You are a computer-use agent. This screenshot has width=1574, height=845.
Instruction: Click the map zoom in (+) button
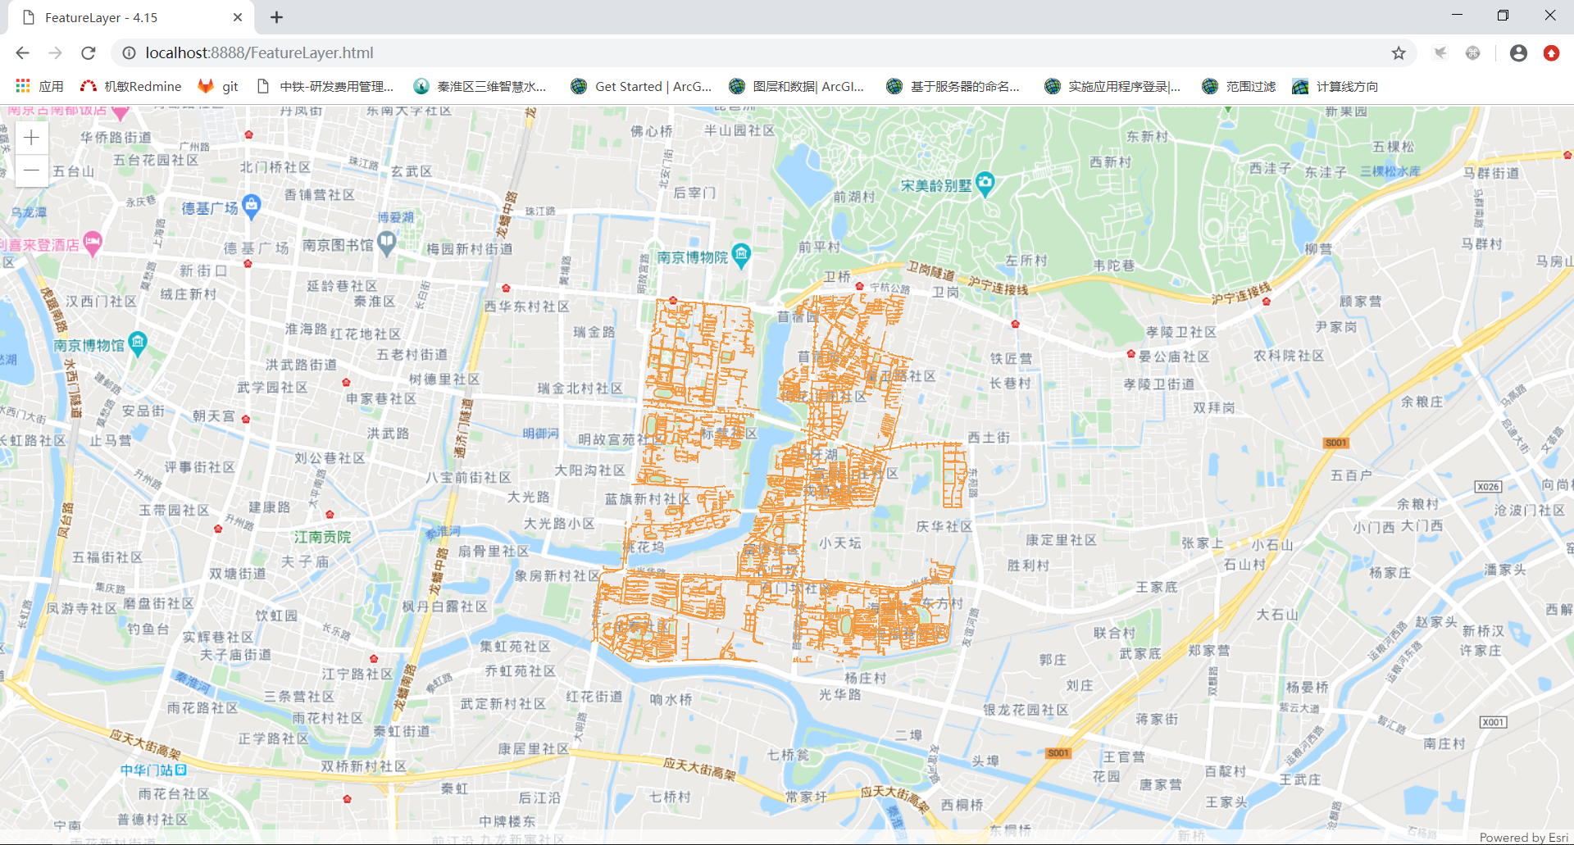[x=31, y=138]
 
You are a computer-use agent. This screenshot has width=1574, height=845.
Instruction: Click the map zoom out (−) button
[x=31, y=170]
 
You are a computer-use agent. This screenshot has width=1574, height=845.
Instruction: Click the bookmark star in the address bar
[x=1399, y=53]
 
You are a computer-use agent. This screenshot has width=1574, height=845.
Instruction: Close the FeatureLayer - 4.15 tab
[x=238, y=17]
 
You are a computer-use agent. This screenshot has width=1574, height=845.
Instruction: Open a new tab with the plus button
[x=277, y=17]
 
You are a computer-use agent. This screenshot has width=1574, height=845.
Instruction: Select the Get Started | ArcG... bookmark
[x=642, y=86]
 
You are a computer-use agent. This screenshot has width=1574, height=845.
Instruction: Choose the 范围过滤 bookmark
[x=1239, y=86]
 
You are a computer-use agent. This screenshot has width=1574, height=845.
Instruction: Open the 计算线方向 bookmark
[x=1335, y=86]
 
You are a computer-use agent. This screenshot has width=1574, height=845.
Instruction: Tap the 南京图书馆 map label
[x=338, y=245]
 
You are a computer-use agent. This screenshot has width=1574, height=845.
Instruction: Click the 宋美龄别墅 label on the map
[x=936, y=186]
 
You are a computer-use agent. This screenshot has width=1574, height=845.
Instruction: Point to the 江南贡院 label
[x=322, y=537]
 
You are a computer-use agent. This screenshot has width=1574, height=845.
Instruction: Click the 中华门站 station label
[x=147, y=770]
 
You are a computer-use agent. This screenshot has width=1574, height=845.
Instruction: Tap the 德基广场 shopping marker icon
[x=252, y=205]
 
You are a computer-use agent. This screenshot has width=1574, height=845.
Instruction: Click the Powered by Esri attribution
[x=1523, y=837]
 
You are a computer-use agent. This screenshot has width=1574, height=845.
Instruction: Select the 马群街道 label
[x=1491, y=173]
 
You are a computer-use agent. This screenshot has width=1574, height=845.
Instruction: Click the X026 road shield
[x=1488, y=487]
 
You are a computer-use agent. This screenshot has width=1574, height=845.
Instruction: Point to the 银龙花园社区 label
[x=1026, y=710]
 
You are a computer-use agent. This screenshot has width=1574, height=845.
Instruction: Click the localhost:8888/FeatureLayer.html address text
[x=259, y=53]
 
